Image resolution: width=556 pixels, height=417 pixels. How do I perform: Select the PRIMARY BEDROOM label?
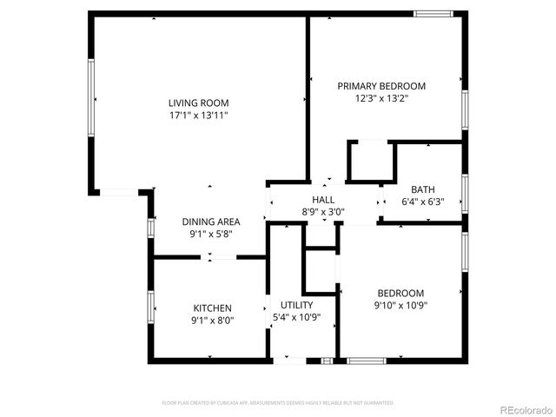(x=381, y=86)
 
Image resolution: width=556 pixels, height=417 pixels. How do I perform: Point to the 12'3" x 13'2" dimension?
(x=381, y=99)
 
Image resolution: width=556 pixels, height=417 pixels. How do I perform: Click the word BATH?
(x=423, y=189)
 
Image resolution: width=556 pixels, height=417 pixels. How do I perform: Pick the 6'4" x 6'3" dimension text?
(x=423, y=202)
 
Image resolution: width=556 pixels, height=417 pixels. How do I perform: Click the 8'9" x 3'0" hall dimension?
(x=323, y=211)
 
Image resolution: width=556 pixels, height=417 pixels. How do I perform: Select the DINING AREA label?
(x=211, y=222)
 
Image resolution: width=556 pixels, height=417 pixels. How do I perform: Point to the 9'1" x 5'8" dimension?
(x=211, y=234)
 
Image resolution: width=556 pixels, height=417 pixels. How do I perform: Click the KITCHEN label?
(x=212, y=308)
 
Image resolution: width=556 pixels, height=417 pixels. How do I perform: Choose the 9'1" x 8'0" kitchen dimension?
(x=212, y=320)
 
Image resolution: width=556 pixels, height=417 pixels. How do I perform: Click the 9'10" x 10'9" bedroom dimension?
(x=400, y=305)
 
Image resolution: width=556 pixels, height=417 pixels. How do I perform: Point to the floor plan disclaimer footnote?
(x=278, y=403)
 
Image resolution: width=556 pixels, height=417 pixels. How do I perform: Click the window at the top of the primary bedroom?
(x=433, y=13)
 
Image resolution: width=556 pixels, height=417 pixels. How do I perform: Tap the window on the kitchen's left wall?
(x=151, y=308)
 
